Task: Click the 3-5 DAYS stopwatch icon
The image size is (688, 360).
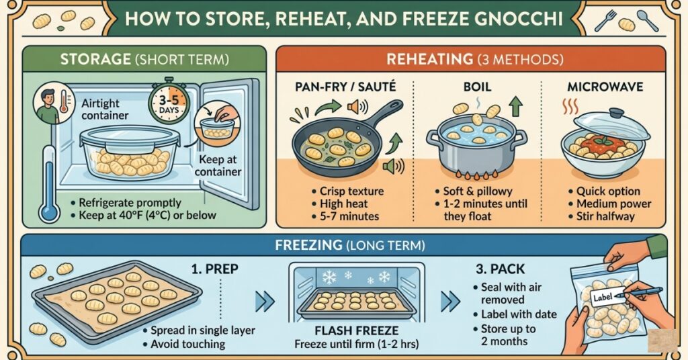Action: pos(167,102)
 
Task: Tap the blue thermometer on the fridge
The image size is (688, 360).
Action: pos(48,185)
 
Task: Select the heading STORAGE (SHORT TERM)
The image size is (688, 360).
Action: pos(144,59)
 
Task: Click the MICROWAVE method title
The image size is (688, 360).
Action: pos(605,86)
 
